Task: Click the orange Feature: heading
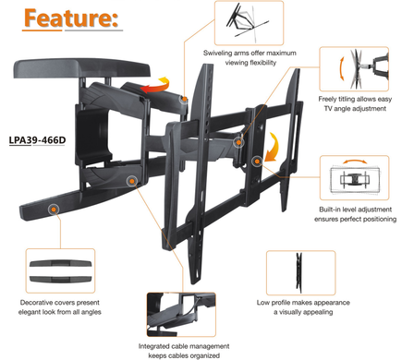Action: [x=71, y=18]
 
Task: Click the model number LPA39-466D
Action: [x=37, y=140]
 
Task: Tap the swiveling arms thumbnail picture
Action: [x=249, y=23]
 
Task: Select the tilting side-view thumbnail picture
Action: [x=354, y=69]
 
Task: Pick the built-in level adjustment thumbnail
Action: [x=354, y=178]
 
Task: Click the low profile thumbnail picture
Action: [x=300, y=273]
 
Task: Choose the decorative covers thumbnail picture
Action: [x=60, y=270]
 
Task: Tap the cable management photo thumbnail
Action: [x=181, y=315]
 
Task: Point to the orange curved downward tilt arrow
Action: [x=273, y=148]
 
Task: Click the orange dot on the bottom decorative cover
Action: [x=54, y=210]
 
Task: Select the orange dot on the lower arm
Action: [x=132, y=181]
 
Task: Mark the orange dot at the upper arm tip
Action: [x=184, y=99]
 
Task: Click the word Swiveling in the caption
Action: [x=217, y=53]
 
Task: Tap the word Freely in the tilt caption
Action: [x=328, y=99]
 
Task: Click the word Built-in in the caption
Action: [x=329, y=210]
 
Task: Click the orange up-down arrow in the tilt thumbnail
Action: [x=341, y=68]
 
